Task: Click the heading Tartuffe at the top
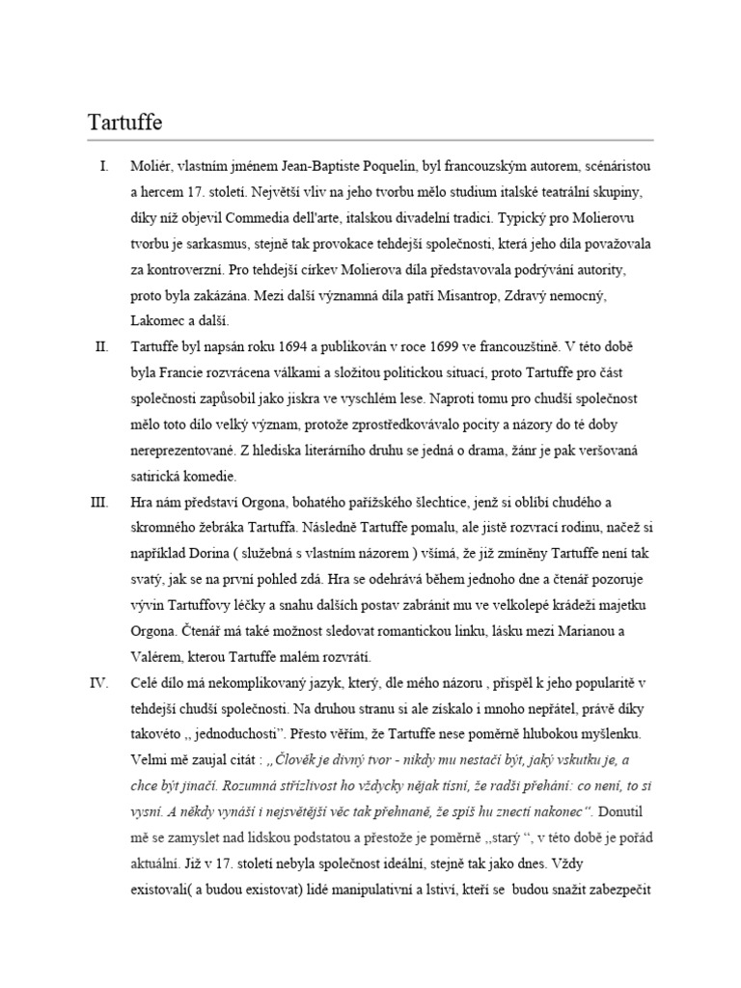tap(125, 123)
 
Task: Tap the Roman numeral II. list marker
tap(102, 346)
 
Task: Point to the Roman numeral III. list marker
tap(100, 503)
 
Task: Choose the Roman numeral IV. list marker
tap(100, 684)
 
